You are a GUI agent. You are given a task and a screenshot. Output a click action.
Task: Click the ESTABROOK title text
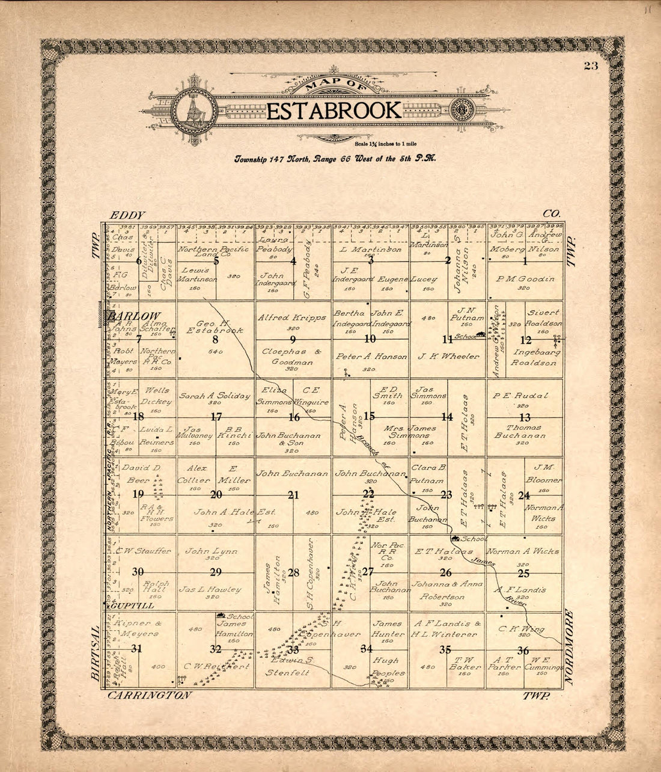point(334,111)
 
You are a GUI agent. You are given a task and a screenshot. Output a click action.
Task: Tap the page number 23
point(591,66)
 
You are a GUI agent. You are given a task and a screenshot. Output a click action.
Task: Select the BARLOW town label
point(135,316)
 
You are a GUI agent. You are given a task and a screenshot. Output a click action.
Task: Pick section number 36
point(523,649)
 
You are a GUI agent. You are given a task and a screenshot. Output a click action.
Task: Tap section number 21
point(293,495)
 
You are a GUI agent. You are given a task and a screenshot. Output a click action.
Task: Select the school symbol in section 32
point(221,615)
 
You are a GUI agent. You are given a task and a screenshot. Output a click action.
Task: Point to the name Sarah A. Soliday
point(215,396)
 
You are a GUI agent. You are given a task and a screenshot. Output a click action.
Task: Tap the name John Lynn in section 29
point(211,551)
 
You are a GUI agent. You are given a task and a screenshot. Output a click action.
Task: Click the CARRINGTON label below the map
point(149,695)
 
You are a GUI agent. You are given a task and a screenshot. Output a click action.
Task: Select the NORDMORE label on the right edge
point(570,648)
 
